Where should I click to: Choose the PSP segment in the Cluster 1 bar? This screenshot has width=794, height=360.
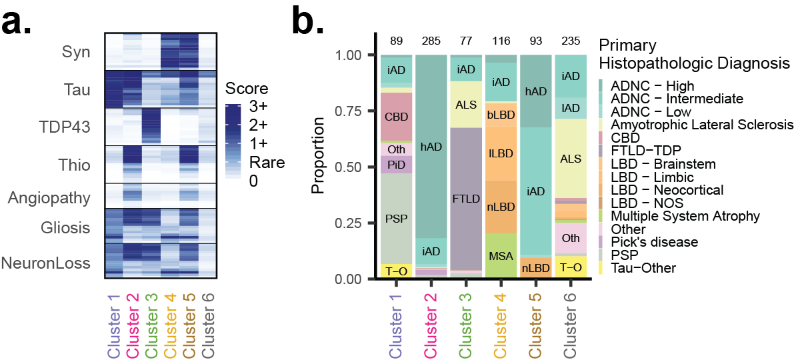[397, 219]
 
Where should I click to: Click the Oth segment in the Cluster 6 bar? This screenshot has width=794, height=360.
[571, 238]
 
